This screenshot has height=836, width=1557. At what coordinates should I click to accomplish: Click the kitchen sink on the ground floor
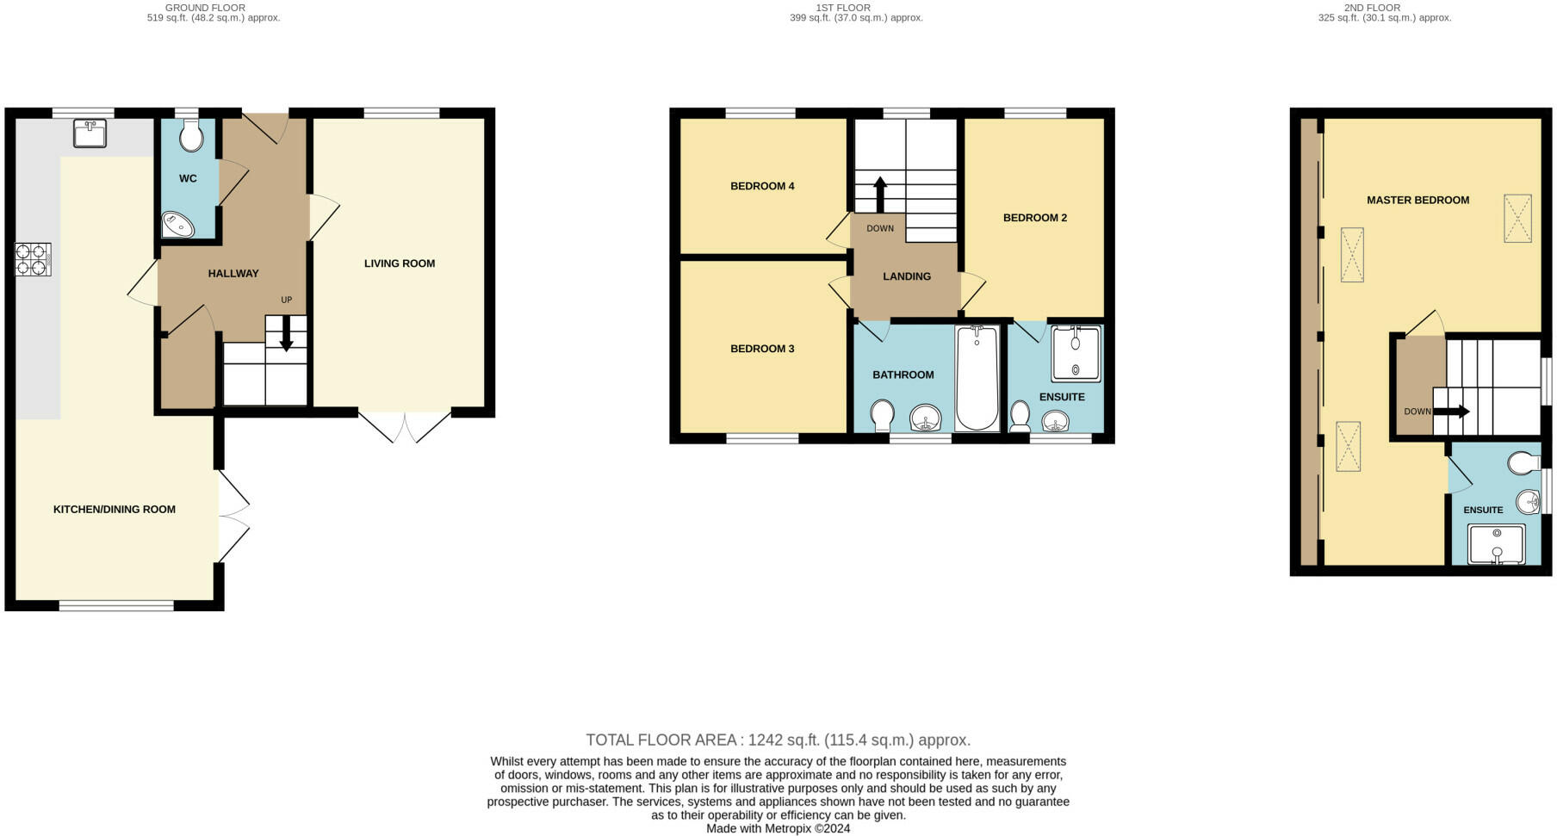point(90,133)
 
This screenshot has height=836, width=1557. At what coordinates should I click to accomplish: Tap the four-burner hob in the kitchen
point(33,260)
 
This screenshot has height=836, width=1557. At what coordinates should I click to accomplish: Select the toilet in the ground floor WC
point(190,136)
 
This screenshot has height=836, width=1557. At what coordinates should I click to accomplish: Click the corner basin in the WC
point(177,225)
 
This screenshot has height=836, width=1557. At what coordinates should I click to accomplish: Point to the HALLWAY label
point(233,274)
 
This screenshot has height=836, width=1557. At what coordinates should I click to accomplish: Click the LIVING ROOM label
point(400,263)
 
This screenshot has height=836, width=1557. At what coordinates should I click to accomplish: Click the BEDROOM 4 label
point(762,186)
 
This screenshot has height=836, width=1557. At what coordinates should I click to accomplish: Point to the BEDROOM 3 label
point(762,349)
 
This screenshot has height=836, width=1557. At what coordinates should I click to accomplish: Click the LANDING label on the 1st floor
point(907,276)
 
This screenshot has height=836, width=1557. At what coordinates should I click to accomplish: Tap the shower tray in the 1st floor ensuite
point(1076,354)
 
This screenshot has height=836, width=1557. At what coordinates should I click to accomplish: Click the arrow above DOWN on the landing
point(880,194)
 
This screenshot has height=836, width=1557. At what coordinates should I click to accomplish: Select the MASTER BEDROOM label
point(1417,200)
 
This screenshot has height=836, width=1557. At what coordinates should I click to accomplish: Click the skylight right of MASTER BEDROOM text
point(1517,219)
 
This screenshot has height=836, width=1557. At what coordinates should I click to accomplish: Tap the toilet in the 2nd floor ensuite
point(1524,464)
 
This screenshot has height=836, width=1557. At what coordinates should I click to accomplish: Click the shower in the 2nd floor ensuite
point(1497,544)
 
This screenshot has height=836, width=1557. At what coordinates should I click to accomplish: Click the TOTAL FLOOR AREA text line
point(778,740)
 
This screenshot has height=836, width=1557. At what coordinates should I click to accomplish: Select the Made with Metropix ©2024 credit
point(778,828)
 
